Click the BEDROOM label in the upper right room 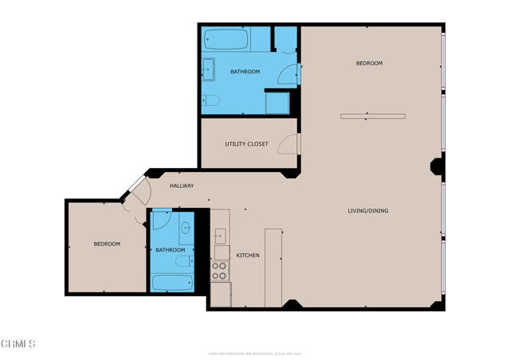coord(369,64)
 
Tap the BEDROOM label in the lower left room coord(107,244)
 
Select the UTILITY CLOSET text coord(246,144)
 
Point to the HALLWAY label coord(182,186)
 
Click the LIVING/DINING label coord(367,211)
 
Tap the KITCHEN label coord(247,255)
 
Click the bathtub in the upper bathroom coord(226,39)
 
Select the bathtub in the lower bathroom coord(172,283)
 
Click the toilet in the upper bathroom coord(210,100)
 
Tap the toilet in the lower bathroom coord(182,261)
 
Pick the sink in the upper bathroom coord(208,69)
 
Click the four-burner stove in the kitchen coord(220,271)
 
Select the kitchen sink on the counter coord(220,236)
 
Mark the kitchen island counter coord(273,267)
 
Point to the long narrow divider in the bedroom coord(372,116)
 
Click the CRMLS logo coord(18,343)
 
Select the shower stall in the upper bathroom coord(277,103)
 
